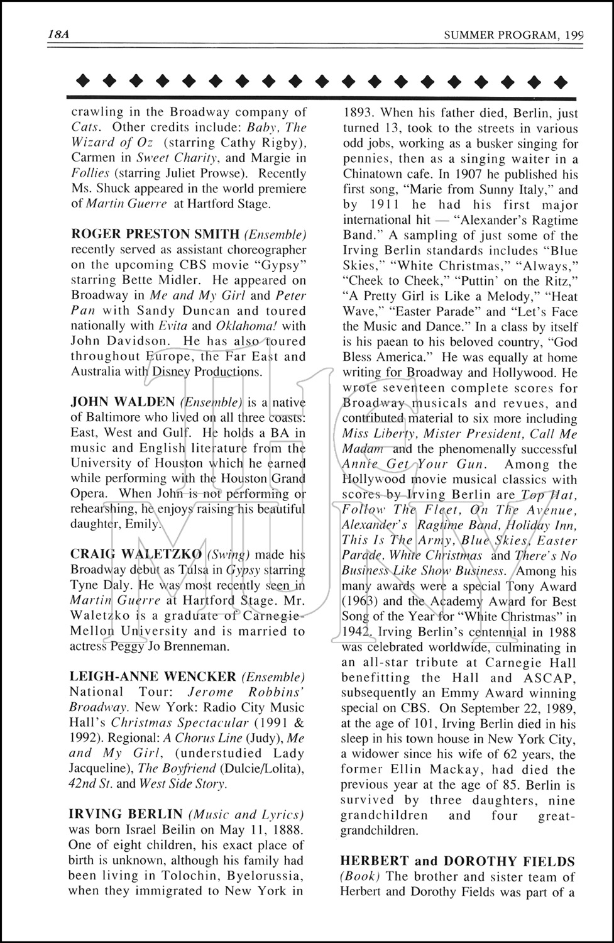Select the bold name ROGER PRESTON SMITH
pos(155,234)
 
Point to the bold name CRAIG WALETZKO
pos(136,554)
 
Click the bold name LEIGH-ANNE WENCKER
pos(153,677)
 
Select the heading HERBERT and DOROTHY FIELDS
pos(458,861)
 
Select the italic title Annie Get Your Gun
pos(414,465)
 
